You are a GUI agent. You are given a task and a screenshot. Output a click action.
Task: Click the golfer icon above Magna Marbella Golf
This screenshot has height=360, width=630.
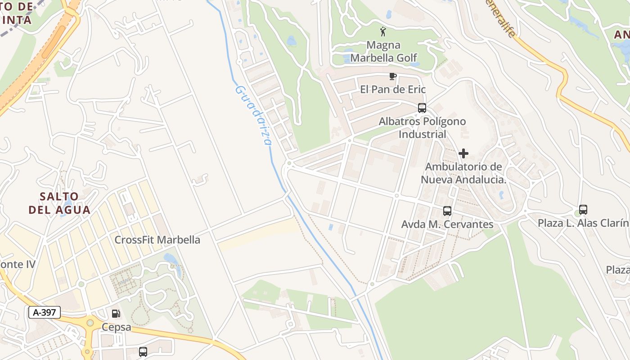coord(383,31)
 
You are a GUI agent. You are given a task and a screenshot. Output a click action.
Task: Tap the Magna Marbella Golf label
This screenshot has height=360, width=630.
coord(384,51)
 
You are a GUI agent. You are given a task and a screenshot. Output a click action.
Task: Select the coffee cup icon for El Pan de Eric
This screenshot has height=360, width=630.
coord(392,76)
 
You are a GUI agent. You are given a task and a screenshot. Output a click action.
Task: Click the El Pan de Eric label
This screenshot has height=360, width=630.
coord(393,90)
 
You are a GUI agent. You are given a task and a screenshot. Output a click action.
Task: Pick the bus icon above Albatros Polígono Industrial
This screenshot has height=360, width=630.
coord(422,108)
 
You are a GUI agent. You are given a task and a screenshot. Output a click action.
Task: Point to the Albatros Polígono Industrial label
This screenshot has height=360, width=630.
coord(422,128)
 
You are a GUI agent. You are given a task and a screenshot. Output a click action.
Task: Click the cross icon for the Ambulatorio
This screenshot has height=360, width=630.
coord(463,153)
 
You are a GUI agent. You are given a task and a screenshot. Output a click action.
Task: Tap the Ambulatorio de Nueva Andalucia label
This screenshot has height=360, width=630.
coord(463,173)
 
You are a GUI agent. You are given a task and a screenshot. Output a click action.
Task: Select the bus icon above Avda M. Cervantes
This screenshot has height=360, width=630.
coord(447,211)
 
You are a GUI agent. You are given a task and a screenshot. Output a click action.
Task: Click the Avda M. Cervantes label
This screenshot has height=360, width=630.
coord(447,224)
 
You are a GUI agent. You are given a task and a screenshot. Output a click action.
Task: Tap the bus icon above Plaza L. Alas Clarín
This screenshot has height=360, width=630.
coord(583,210)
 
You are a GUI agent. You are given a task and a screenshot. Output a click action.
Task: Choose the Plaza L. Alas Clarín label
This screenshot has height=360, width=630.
coord(583,223)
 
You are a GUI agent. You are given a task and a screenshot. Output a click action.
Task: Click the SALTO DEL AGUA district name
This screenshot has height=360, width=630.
coord(59,203)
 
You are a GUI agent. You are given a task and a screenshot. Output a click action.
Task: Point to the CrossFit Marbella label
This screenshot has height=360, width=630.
coord(157,240)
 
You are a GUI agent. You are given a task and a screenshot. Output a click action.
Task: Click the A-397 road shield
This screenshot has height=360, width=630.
coord(45,312)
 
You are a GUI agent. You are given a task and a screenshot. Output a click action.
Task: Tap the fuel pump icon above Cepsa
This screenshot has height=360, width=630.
coord(116,314)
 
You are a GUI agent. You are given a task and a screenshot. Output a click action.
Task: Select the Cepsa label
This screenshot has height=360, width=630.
coord(116,327)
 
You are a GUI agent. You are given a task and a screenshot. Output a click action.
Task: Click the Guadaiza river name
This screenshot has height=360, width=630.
coord(253,115)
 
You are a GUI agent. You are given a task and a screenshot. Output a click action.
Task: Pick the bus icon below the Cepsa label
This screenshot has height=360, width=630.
coord(143,352)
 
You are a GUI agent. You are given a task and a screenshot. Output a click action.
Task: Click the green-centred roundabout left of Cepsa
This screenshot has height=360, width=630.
coord(90,323)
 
